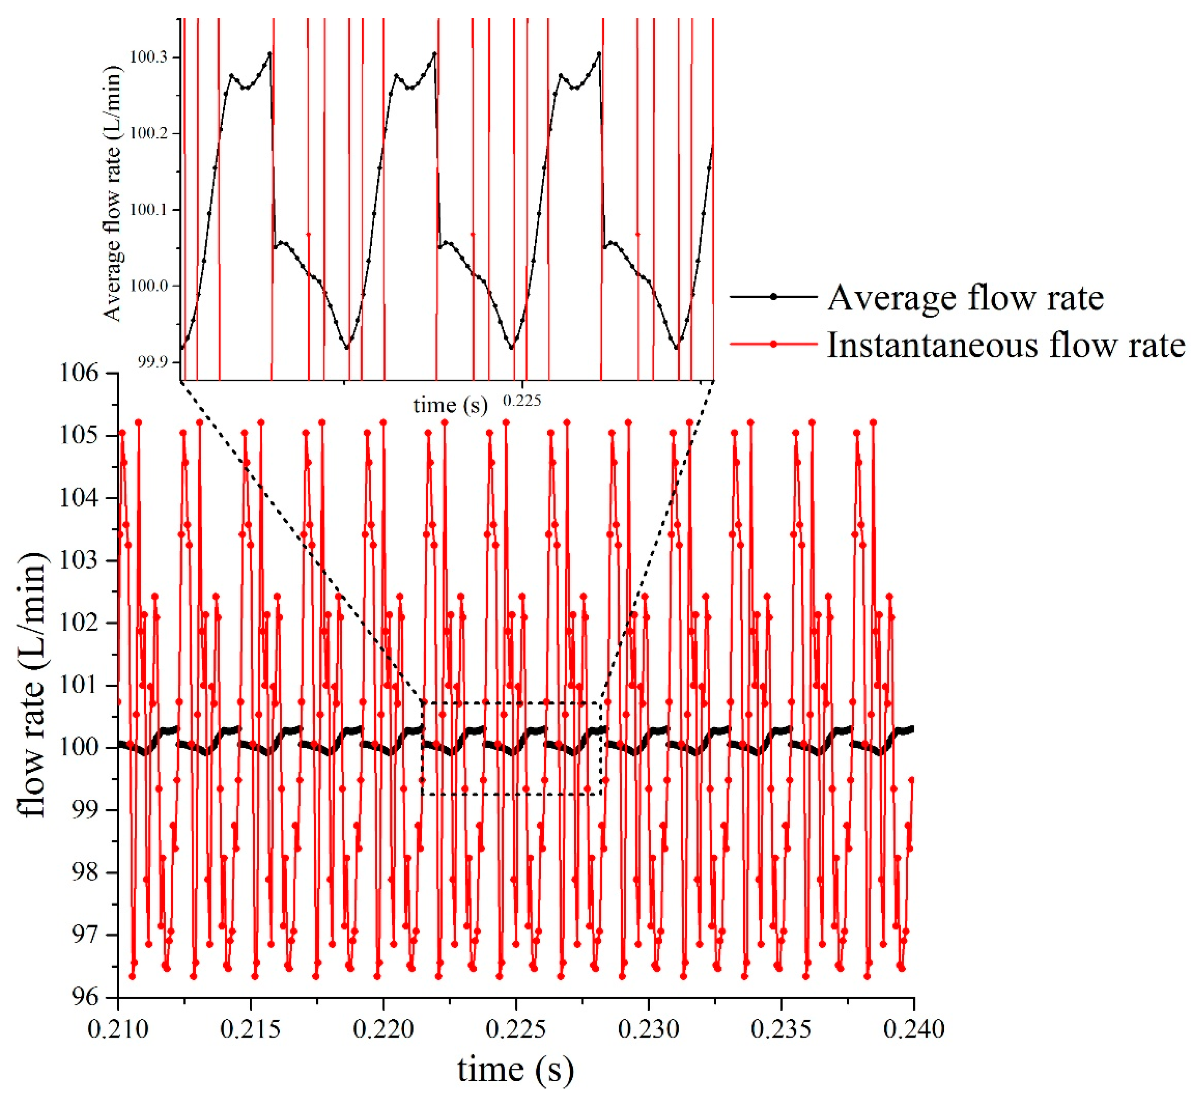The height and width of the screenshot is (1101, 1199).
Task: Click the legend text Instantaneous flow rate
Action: [1006, 346]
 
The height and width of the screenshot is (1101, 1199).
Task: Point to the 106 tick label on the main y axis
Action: [79, 374]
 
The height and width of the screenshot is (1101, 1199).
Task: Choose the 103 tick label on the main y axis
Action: [79, 561]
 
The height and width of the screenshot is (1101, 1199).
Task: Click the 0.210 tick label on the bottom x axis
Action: [118, 1030]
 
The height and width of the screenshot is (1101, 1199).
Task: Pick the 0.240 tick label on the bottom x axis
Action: [914, 1030]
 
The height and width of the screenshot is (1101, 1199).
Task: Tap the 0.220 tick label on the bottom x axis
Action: [383, 1030]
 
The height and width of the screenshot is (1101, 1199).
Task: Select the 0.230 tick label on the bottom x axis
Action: [648, 1030]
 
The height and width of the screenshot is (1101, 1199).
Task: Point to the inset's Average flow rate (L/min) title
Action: [112, 193]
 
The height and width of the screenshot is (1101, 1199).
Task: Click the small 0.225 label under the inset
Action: [522, 401]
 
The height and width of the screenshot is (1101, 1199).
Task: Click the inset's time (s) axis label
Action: [451, 405]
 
